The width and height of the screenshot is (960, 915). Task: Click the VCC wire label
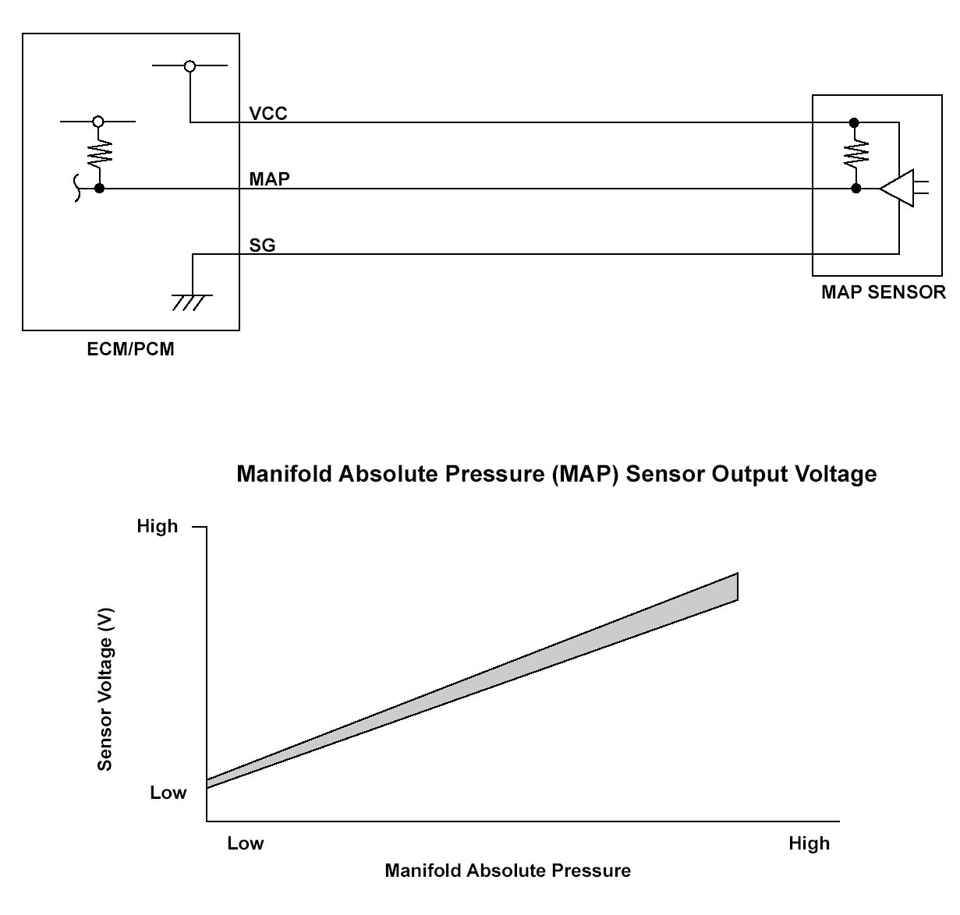click(x=268, y=114)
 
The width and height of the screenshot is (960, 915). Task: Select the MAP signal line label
click(x=270, y=179)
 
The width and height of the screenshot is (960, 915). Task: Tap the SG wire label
click(x=262, y=246)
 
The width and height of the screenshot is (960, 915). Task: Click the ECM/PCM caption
click(x=130, y=349)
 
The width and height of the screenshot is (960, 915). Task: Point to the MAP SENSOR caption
click(x=883, y=292)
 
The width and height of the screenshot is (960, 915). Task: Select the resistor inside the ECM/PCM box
click(x=99, y=153)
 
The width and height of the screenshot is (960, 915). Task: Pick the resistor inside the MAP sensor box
click(x=855, y=154)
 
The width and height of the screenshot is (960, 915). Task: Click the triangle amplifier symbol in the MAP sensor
click(x=897, y=188)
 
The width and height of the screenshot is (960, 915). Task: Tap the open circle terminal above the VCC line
click(x=190, y=66)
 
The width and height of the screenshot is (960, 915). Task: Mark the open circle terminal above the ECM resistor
click(x=97, y=122)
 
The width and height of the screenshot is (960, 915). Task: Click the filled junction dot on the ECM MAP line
click(x=99, y=188)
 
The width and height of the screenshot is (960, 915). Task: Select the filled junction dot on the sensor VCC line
click(x=854, y=122)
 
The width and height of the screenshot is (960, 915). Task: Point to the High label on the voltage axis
click(x=158, y=526)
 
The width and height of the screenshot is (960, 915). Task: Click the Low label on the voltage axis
click(x=168, y=793)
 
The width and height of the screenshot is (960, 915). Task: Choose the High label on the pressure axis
click(x=809, y=843)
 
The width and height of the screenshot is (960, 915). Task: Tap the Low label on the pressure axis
click(x=246, y=843)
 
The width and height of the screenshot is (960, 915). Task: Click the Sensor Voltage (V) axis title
click(x=105, y=690)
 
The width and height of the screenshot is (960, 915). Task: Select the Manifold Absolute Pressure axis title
click(x=508, y=871)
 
